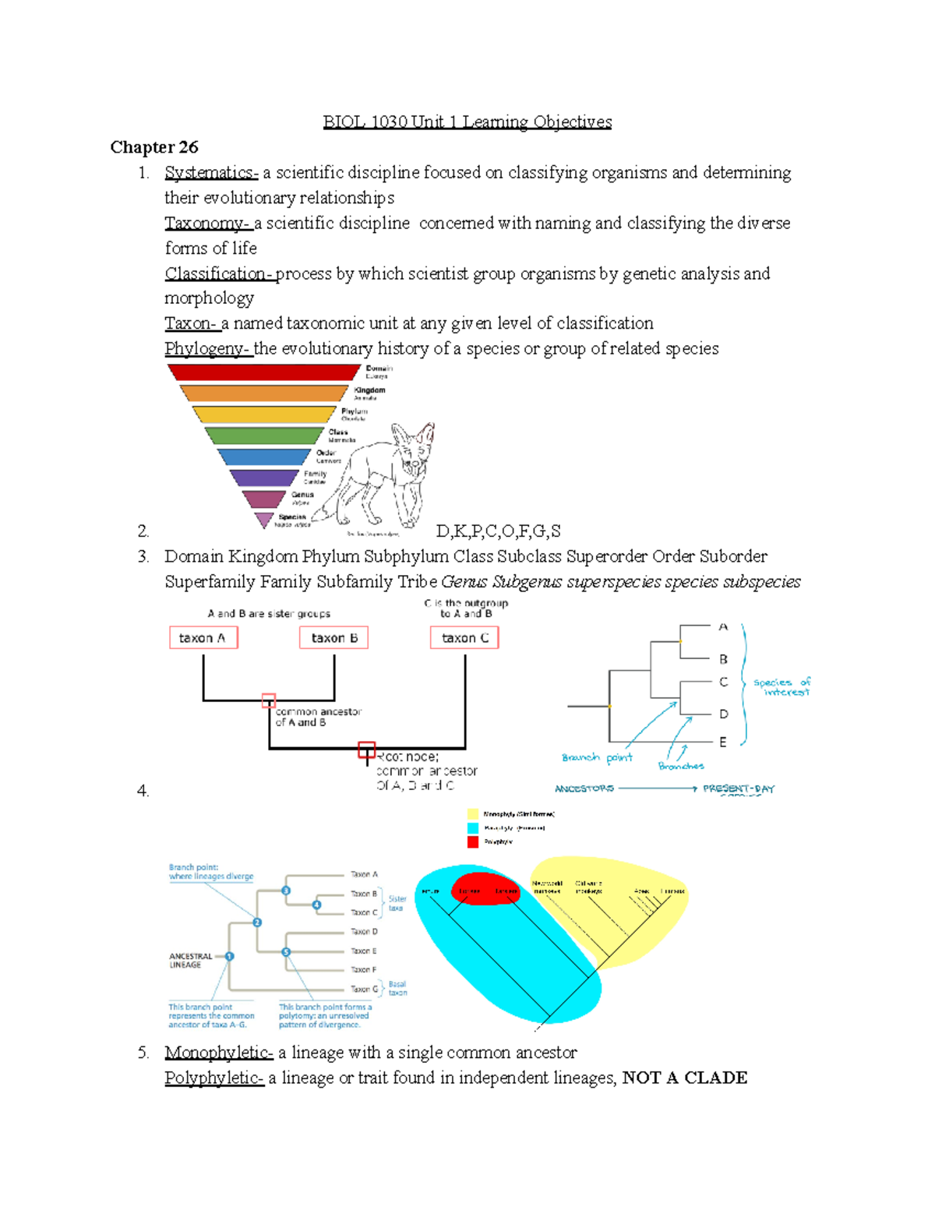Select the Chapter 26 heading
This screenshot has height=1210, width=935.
pyautogui.click(x=154, y=147)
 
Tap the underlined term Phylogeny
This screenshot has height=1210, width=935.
pyautogui.click(x=206, y=348)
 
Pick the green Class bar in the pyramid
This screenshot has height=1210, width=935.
pyautogui.click(x=263, y=436)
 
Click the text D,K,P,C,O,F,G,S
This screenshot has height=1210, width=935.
pyautogui.click(x=498, y=531)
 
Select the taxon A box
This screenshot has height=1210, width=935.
pyautogui.click(x=203, y=638)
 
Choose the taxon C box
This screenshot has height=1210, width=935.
pyautogui.click(x=464, y=638)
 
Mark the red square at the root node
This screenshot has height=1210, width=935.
pyautogui.click(x=366, y=750)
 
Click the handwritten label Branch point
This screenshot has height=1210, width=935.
pyautogui.click(x=597, y=757)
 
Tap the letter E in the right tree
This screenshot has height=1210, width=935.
pyautogui.click(x=723, y=743)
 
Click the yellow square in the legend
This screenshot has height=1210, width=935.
pyautogui.click(x=473, y=814)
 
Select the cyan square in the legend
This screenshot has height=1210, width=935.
pyautogui.click(x=473, y=828)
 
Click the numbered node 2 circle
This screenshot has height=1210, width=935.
pyautogui.click(x=257, y=922)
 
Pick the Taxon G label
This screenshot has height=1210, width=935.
pyautogui.click(x=364, y=989)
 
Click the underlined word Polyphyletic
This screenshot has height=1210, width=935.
pyautogui.click(x=214, y=1078)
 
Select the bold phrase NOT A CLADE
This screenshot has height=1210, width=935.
pyautogui.click(x=685, y=1078)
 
